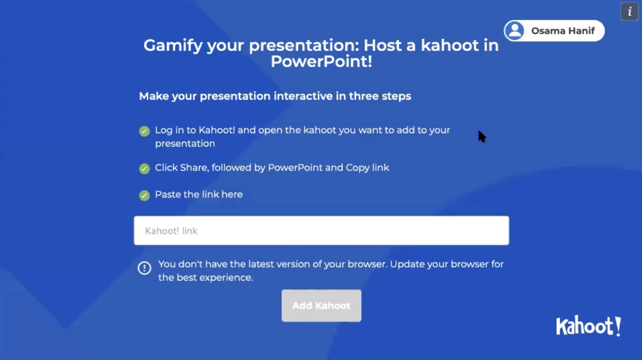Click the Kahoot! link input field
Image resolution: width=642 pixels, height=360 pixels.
[x=321, y=231]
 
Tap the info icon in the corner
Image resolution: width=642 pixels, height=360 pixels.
[x=629, y=12]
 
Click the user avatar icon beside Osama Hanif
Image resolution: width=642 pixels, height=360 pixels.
[x=515, y=31]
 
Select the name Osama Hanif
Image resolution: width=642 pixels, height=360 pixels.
[x=563, y=31]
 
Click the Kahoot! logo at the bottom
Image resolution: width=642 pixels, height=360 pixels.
[x=588, y=326]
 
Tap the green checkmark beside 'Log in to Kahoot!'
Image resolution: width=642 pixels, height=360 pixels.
[x=144, y=131]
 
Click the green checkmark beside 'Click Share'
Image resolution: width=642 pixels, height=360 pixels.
[x=144, y=169]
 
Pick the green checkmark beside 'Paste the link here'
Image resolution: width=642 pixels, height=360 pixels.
[x=144, y=196]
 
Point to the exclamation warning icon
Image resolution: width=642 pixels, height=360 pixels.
[x=144, y=268]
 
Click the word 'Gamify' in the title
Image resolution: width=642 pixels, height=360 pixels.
[x=173, y=46]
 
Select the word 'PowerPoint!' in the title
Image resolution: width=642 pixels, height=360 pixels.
[x=321, y=61]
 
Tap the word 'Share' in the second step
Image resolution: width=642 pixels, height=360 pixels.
[x=194, y=168]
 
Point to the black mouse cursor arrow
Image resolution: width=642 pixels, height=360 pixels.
[x=482, y=136]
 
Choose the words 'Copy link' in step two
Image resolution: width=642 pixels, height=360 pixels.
[x=367, y=168]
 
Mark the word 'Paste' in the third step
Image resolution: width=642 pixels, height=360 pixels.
[x=168, y=195]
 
